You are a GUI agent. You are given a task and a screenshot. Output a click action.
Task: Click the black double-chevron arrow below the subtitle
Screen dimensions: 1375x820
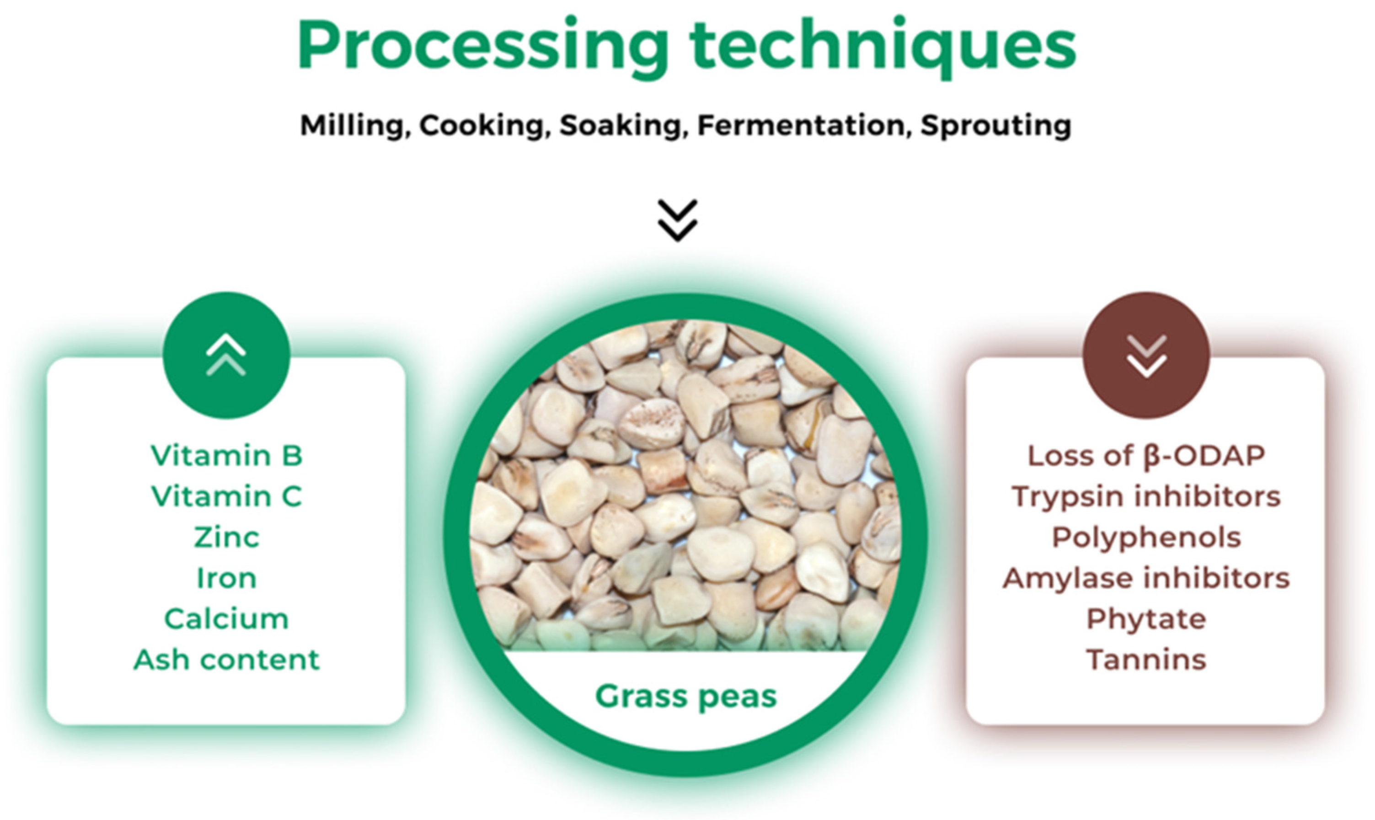coord(678,220)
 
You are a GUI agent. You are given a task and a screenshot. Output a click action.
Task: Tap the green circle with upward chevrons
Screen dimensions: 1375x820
coord(227,355)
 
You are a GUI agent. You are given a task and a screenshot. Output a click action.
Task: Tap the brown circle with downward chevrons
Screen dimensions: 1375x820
coord(1147,355)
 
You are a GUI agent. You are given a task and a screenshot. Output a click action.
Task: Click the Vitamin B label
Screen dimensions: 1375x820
coord(227,456)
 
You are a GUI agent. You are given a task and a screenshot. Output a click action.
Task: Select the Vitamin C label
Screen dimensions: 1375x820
coord(227,496)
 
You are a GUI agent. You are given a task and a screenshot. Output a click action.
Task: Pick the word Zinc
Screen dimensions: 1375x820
coord(227,537)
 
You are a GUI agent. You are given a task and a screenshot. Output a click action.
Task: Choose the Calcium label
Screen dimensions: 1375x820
coord(227,619)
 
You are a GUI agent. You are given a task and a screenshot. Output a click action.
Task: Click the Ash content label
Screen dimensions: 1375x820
coord(227,660)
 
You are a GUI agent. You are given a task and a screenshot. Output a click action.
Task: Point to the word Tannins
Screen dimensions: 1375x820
coord(1146,660)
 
